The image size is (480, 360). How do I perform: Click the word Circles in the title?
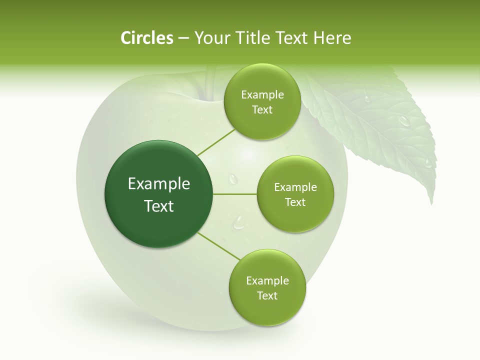point(146,38)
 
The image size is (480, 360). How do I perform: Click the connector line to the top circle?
point(216,142)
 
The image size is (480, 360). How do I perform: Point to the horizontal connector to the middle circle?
point(234,194)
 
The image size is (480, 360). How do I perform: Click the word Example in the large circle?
point(159,184)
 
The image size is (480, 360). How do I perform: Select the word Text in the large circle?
point(159,206)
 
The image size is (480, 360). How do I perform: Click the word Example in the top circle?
point(262,95)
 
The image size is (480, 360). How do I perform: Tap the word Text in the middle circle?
point(295,202)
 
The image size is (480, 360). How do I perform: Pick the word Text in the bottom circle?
point(267,295)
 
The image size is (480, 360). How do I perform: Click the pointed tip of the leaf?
point(431,202)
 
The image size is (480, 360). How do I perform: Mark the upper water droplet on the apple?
point(232,178)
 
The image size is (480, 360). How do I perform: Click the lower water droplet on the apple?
point(239,222)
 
